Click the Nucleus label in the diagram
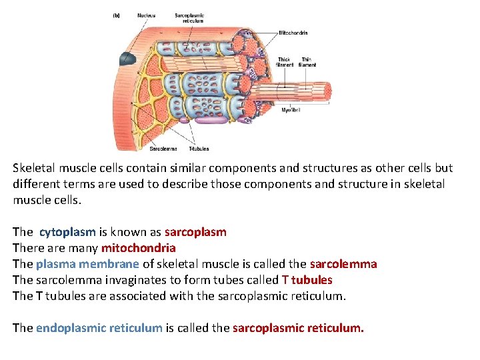point(146,15)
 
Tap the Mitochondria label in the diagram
point(293,33)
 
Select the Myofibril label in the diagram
point(291,110)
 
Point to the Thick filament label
point(284,62)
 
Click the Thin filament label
point(307,62)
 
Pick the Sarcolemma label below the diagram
point(163,149)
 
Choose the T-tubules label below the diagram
point(199,149)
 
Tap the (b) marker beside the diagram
point(117,15)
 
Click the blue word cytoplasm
point(67,232)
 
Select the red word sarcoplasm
point(195,232)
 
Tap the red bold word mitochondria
point(138,248)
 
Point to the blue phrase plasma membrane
point(87,264)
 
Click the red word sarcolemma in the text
point(343,264)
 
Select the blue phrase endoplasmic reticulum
point(99,328)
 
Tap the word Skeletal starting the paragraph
point(33,168)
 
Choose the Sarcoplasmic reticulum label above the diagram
point(190,17)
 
